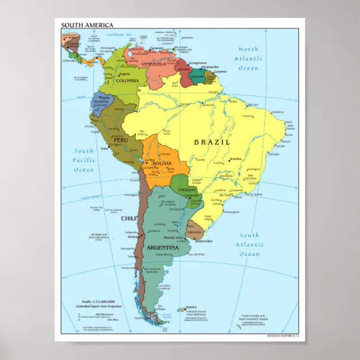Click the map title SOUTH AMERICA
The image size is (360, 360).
click(87, 25)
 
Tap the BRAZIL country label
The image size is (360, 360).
click(212, 142)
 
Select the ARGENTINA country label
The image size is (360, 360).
click(163, 247)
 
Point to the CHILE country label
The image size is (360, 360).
click(129, 219)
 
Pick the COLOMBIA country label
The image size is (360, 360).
click(127, 80)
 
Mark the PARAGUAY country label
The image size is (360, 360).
click(185, 190)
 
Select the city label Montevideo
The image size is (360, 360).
click(203, 241)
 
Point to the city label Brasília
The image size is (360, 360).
click(235, 159)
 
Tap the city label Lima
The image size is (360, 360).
click(104, 149)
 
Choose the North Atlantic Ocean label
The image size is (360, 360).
click(248, 58)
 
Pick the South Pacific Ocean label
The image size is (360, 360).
click(84, 160)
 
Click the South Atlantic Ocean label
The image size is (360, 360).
click(249, 244)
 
